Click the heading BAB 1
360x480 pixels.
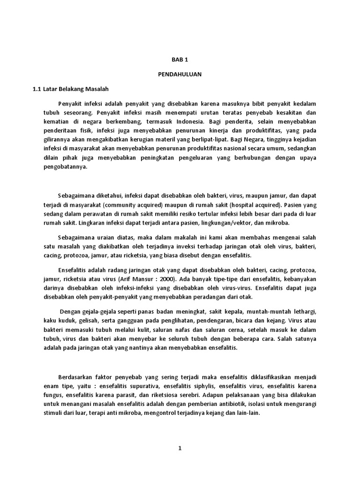pos(180,60)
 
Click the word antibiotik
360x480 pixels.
pos(223,405)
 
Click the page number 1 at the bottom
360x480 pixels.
pos(180,448)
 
